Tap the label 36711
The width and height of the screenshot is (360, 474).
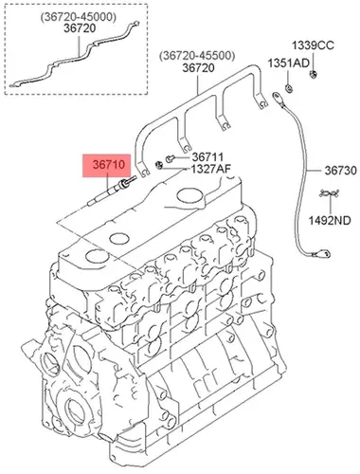[207, 157]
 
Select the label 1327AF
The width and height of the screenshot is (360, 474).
[210, 169]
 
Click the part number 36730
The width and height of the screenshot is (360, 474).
[341, 171]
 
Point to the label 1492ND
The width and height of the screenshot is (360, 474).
[330, 220]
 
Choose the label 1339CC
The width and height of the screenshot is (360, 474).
[313, 46]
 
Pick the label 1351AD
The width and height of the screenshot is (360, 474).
[289, 64]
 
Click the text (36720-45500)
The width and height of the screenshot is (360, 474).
[197, 56]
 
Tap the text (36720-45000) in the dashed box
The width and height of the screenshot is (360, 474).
[78, 17]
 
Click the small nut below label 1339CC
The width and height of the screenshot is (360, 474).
[313, 75]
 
